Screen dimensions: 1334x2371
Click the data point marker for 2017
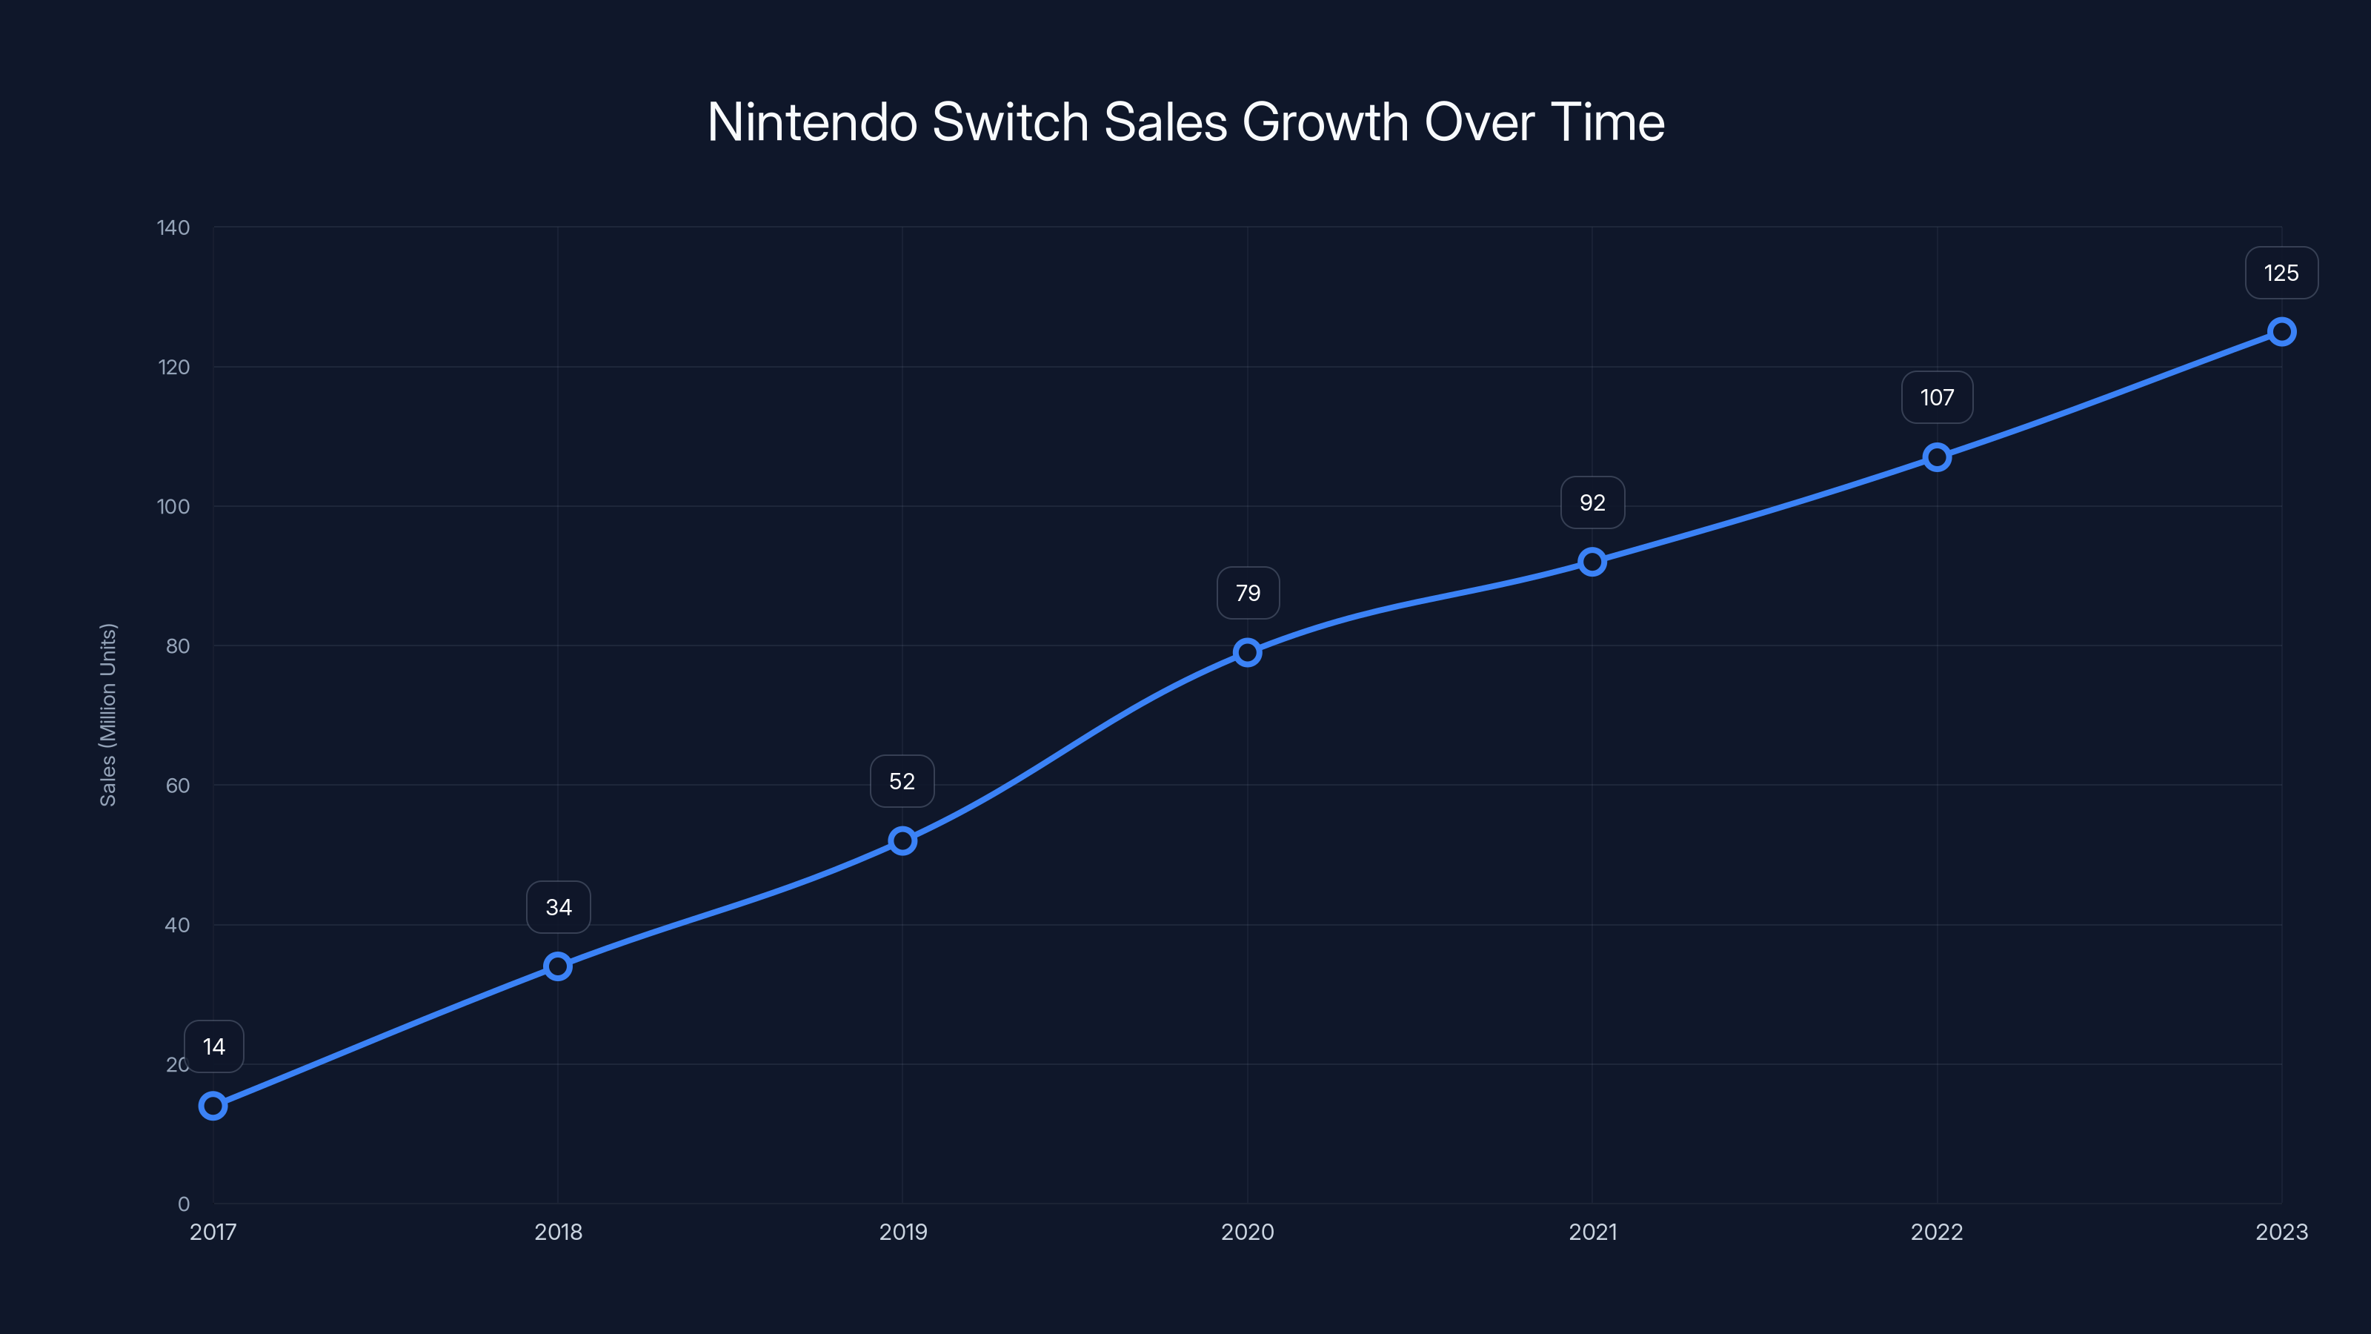tap(213, 1106)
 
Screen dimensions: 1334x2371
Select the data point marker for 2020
tap(1247, 653)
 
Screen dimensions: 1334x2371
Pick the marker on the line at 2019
tap(902, 840)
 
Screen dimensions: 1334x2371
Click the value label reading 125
tap(2281, 273)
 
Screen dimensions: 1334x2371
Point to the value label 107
tap(1937, 398)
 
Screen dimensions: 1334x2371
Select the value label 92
tap(1592, 502)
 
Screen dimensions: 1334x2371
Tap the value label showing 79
tap(1247, 593)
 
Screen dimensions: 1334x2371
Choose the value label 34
tap(558, 908)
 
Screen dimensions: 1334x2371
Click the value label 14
tap(213, 1046)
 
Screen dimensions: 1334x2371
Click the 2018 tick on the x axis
tap(558, 1232)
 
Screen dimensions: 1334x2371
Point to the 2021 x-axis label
tap(1592, 1232)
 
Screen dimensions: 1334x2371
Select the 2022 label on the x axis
tap(1937, 1232)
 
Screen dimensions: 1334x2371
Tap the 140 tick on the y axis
tap(173, 228)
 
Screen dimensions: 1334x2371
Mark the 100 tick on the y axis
tap(173, 506)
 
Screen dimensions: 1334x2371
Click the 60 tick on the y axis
tap(178, 786)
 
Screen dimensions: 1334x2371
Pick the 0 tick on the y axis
tap(183, 1204)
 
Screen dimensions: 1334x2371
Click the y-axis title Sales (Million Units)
tap(107, 714)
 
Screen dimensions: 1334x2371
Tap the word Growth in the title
tap(1325, 122)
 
